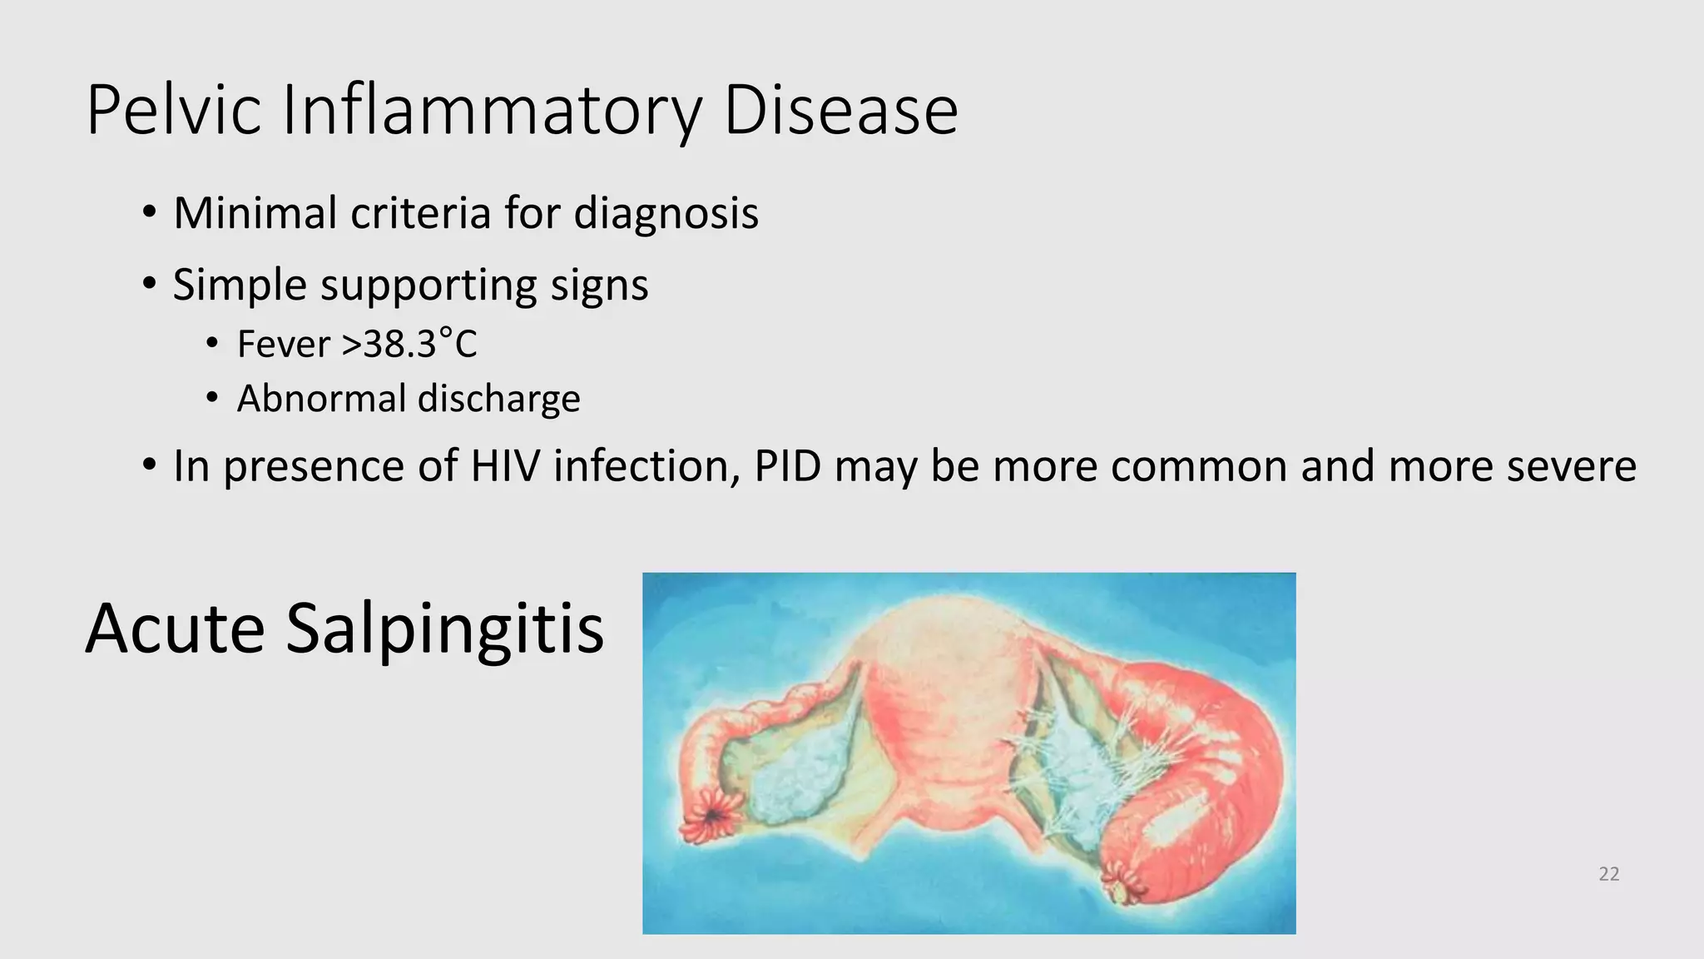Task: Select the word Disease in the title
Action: point(840,110)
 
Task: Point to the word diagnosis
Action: point(666,214)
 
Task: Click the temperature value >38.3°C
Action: point(409,344)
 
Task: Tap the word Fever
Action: point(284,344)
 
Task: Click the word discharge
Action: point(499,399)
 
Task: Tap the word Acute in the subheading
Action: point(175,628)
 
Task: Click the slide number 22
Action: point(1609,874)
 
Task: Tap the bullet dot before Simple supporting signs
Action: point(149,284)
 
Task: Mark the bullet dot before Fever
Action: point(213,343)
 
